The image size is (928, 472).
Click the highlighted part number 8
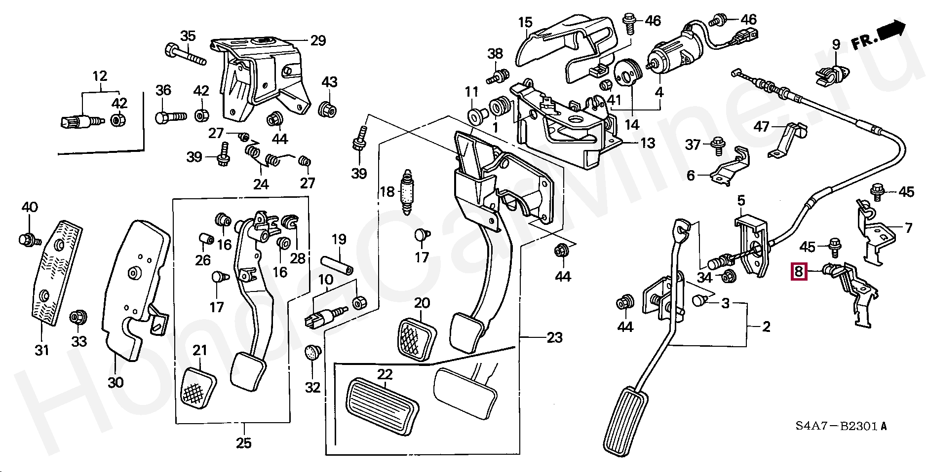799,271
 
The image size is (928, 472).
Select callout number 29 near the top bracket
318,40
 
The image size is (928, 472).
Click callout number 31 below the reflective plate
42,350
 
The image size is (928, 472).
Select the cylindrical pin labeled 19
336,266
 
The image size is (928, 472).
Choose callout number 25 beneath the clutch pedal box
243,443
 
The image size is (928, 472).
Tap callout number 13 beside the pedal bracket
647,143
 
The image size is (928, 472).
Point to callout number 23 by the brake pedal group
554,338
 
